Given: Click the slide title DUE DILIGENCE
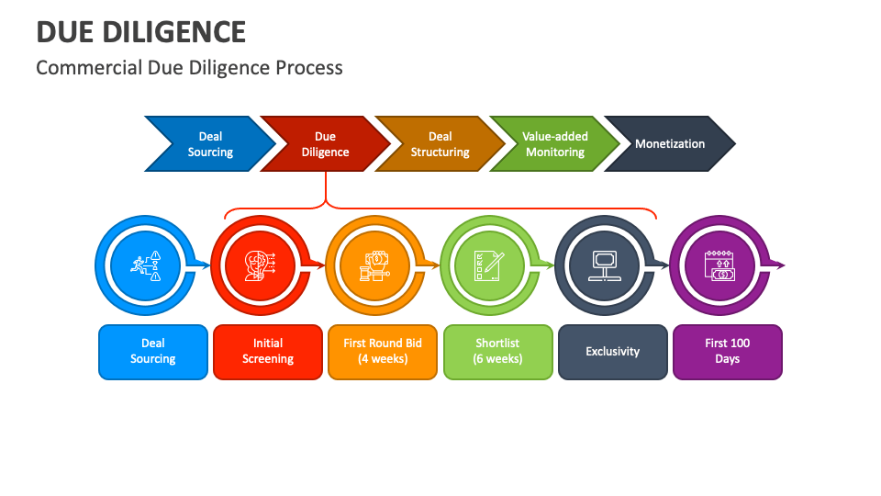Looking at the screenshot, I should coord(140,31).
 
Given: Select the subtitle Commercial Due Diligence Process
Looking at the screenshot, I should coord(189,68).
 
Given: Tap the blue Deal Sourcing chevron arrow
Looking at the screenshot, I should coord(210,144).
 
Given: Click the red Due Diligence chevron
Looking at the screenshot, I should coord(325,144).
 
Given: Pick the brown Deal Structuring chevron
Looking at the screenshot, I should coord(440,144).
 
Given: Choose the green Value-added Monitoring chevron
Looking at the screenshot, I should coord(554,144).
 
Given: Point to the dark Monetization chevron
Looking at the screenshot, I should coord(670,144).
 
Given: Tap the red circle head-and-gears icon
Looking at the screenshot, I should coord(260,265).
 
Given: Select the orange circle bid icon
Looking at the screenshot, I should coord(374,265).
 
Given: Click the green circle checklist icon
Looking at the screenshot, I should coord(489,265).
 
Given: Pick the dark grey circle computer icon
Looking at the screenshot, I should coord(604,265).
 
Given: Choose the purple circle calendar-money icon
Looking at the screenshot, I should coord(719,265).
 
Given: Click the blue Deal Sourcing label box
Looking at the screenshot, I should coord(153,352).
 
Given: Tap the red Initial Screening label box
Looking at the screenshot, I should coord(268,352).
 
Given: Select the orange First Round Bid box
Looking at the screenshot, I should coord(383,352).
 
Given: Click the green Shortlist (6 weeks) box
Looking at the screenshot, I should coord(498,352).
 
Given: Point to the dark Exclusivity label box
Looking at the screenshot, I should coord(613,352).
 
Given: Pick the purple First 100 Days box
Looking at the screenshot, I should coord(728,352).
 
